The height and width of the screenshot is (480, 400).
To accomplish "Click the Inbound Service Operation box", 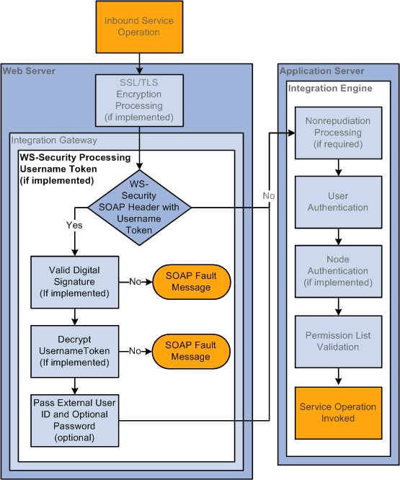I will [x=132, y=27].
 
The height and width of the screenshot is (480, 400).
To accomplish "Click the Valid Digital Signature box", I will [x=74, y=282].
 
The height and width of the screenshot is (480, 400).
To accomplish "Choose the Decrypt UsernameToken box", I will [x=74, y=351].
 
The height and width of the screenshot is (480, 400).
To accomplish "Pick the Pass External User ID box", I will [x=74, y=419].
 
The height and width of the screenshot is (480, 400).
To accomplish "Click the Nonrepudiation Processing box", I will [x=338, y=133].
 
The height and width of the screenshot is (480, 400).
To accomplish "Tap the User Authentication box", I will [x=338, y=202].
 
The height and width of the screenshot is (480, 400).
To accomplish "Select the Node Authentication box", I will [x=338, y=271].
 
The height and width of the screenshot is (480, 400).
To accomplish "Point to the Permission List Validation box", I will [x=338, y=341].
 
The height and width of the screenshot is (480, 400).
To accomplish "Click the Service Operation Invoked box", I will [x=338, y=412].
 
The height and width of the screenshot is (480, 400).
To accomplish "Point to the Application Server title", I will [x=321, y=71].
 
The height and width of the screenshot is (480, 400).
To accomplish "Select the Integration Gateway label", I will [x=54, y=140].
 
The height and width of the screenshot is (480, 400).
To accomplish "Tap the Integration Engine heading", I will [x=330, y=88].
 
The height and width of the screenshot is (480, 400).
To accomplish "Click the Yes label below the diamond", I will [x=74, y=225].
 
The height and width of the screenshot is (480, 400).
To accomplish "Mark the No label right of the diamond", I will [x=268, y=195].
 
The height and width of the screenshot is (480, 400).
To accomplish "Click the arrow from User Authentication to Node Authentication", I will [x=338, y=236].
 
